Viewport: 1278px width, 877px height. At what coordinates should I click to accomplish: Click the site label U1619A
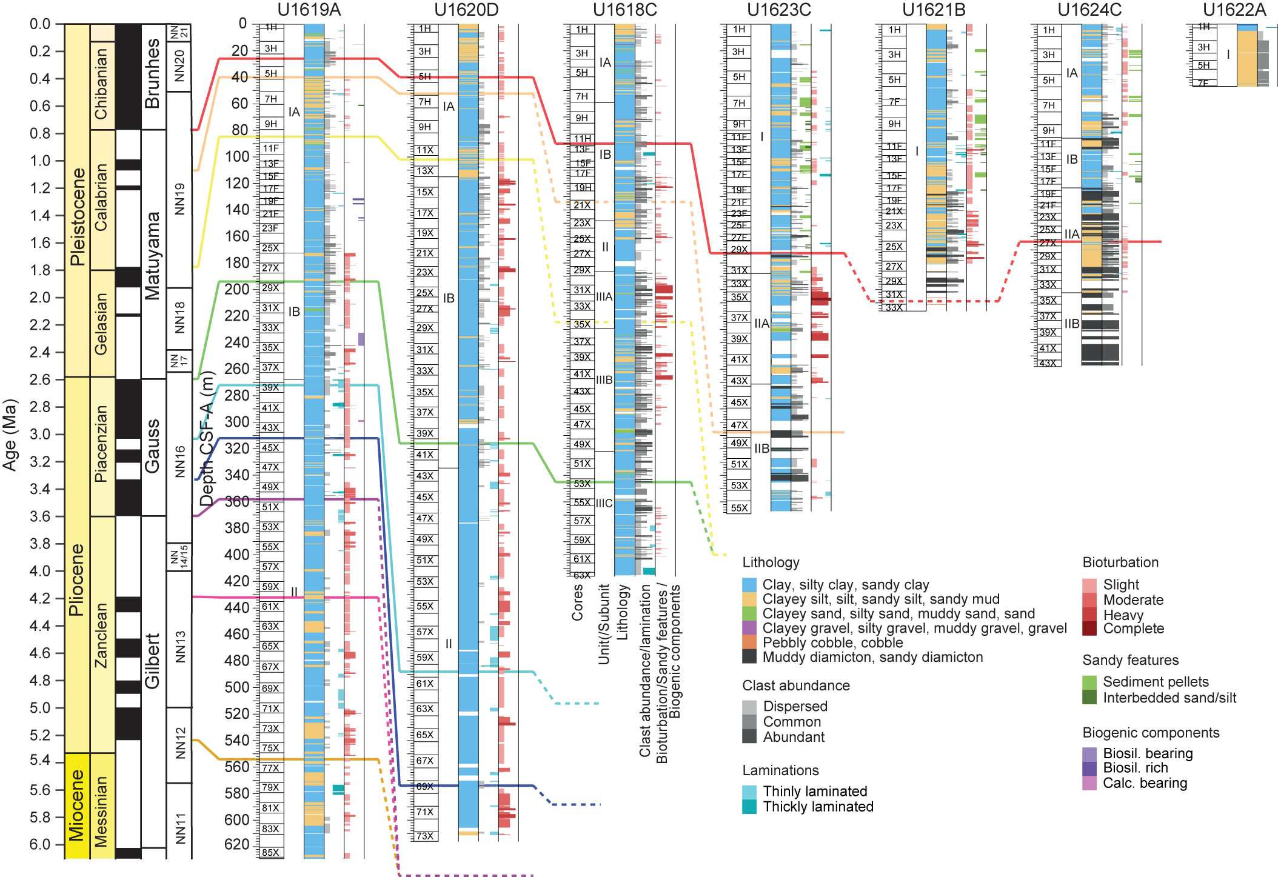coord(309,10)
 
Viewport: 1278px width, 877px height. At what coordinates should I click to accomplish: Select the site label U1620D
coord(466,10)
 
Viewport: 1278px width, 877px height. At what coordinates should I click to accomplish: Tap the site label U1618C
coord(624,10)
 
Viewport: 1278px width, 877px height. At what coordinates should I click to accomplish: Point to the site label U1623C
coord(778,10)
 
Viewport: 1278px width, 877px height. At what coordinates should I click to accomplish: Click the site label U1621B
coord(934,10)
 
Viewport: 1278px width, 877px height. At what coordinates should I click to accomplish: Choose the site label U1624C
coord(1089,10)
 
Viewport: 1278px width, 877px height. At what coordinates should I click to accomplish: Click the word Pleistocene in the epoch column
coord(78,217)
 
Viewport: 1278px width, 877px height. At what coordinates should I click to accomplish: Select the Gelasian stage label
coord(101,324)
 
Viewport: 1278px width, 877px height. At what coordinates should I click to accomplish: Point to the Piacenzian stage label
coord(101,444)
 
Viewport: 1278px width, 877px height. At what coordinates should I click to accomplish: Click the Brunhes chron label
coord(153,74)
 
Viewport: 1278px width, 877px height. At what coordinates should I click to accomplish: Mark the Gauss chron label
coord(153,446)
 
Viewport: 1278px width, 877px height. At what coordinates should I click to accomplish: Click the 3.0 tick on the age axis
coord(40,435)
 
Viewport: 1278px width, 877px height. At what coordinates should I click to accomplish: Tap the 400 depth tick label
coord(236,555)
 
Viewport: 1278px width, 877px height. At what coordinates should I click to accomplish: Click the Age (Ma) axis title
coord(10,435)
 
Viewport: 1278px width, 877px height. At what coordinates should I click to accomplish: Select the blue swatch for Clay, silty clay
coord(749,585)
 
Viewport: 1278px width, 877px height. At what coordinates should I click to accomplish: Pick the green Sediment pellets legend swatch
coord(1089,682)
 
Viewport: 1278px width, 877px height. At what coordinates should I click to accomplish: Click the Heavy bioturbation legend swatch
coord(1089,615)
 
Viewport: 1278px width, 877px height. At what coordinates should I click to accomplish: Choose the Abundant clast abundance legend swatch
coord(749,737)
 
